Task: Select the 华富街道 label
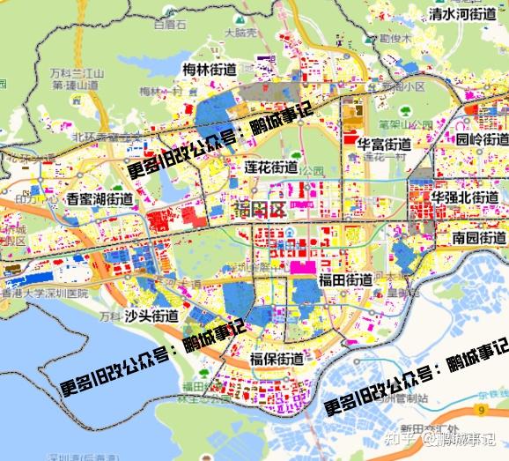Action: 383,144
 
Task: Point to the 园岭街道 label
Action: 482,139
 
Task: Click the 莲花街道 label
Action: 270,167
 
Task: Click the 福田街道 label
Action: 345,280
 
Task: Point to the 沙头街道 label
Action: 151,315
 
